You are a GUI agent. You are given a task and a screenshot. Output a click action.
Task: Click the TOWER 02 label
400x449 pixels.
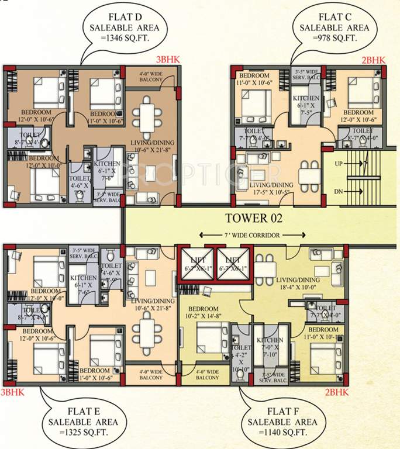point(254,219)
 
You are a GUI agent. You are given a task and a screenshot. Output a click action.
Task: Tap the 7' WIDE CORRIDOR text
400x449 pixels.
point(253,234)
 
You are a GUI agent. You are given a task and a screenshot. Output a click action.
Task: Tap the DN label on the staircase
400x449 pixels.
point(338,191)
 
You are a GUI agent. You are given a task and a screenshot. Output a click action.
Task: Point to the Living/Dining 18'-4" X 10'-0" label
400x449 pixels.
point(299,284)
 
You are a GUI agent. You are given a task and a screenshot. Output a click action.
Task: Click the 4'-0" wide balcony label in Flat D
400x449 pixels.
point(150,77)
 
